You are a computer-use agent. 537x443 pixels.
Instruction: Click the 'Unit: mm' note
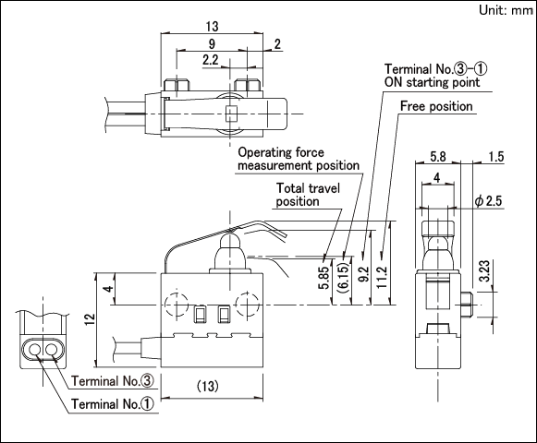pyautogui.click(x=506, y=10)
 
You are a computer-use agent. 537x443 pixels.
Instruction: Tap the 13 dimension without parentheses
pyautogui.click(x=212, y=27)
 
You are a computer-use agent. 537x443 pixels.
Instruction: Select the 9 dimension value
pyautogui.click(x=212, y=44)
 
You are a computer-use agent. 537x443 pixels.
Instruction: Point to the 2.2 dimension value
pyautogui.click(x=211, y=60)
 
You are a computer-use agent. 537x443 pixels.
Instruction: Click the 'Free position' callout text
pyautogui.click(x=436, y=106)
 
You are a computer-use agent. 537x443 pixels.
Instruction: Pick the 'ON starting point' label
pyautogui.click(x=433, y=82)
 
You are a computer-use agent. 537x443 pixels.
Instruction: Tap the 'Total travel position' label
pyautogui.click(x=308, y=195)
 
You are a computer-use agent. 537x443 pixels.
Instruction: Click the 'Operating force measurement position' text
pyautogui.click(x=299, y=159)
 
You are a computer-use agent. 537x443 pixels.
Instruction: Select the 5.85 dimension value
pyautogui.click(x=323, y=278)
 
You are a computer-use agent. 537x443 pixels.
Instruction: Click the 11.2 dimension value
pyautogui.click(x=383, y=277)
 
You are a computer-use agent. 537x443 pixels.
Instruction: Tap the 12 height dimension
pyautogui.click(x=90, y=319)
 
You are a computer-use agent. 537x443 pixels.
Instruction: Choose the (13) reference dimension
pyautogui.click(x=208, y=387)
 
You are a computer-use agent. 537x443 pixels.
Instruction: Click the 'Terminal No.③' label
pyautogui.click(x=113, y=381)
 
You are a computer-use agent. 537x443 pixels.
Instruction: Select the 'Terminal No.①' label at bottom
pyautogui.click(x=113, y=404)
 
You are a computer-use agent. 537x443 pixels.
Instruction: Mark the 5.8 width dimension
pyautogui.click(x=438, y=157)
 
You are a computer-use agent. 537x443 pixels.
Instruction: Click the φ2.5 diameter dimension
pyautogui.click(x=488, y=201)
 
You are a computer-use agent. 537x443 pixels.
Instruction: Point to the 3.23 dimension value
pyautogui.click(x=484, y=270)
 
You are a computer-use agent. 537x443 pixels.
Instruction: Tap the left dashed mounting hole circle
pyautogui.click(x=177, y=305)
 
